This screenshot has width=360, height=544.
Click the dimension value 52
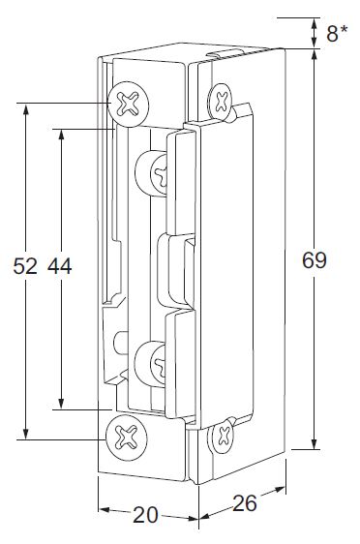click(25, 266)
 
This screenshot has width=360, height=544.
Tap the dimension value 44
click(60, 266)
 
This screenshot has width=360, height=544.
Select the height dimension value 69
click(315, 260)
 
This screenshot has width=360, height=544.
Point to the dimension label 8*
click(337, 34)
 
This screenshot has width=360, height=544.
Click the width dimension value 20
click(145, 515)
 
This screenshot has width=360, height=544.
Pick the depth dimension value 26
click(245, 503)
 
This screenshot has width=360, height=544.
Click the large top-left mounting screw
click(129, 104)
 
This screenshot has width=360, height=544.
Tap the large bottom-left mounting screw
click(127, 438)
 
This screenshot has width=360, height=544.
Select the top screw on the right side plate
click(220, 102)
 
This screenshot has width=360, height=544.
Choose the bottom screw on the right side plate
click(223, 437)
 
